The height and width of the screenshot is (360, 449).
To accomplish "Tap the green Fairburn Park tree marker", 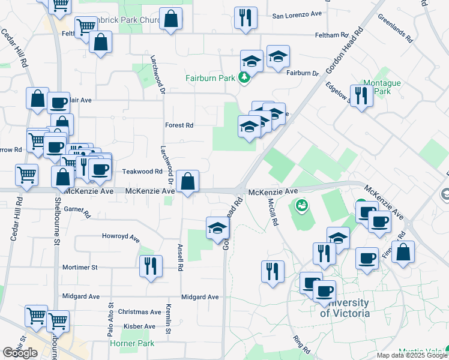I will (x=244, y=77).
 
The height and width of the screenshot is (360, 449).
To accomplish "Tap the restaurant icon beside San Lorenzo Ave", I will (x=246, y=18).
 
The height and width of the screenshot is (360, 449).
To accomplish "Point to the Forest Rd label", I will (x=179, y=125).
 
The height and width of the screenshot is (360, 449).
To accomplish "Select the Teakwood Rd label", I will (x=143, y=171).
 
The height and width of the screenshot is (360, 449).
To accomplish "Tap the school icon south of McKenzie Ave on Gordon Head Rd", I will (x=217, y=228).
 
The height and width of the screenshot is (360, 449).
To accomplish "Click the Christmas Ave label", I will (x=140, y=312).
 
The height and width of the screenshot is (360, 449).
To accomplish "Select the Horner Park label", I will (x=132, y=343).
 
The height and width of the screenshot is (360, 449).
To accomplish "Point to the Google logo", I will (x=20, y=353).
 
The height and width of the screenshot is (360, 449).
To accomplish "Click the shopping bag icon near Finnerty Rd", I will (x=404, y=253).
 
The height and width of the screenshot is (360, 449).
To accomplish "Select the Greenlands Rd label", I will (x=395, y=28).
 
